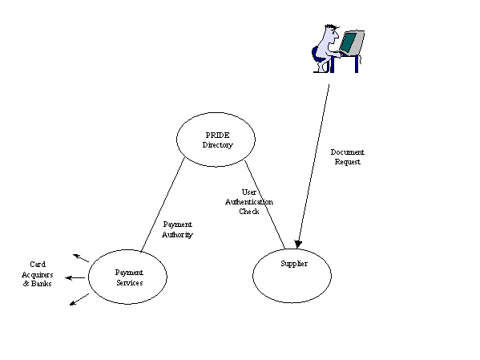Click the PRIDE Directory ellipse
177,140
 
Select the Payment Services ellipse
89,277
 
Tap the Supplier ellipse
253,276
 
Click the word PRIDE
217,136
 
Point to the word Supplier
294,264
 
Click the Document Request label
348,157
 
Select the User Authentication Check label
249,201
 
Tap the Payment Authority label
177,229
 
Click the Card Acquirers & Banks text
38,274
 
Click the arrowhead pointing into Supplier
298,244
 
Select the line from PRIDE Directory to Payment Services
163,205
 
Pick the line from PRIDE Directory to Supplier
264,204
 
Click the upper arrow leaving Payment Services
81,258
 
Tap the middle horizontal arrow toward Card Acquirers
75,278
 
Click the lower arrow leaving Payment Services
79,299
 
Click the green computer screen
349,42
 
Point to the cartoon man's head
332,33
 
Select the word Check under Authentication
249,212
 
